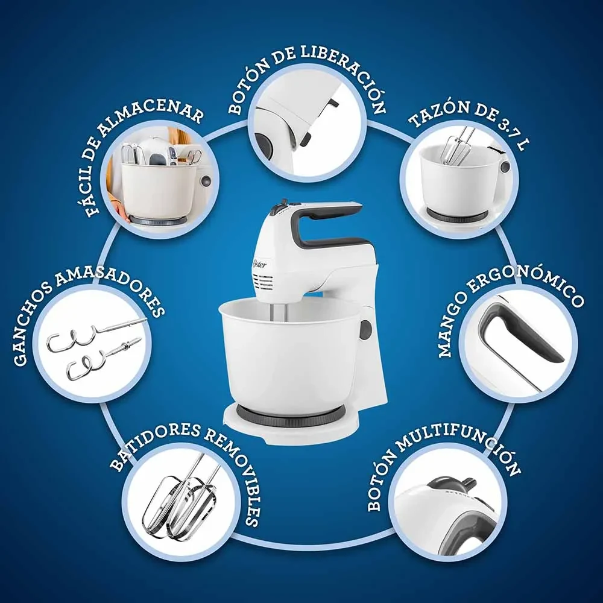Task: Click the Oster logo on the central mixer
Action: point(259,264)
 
